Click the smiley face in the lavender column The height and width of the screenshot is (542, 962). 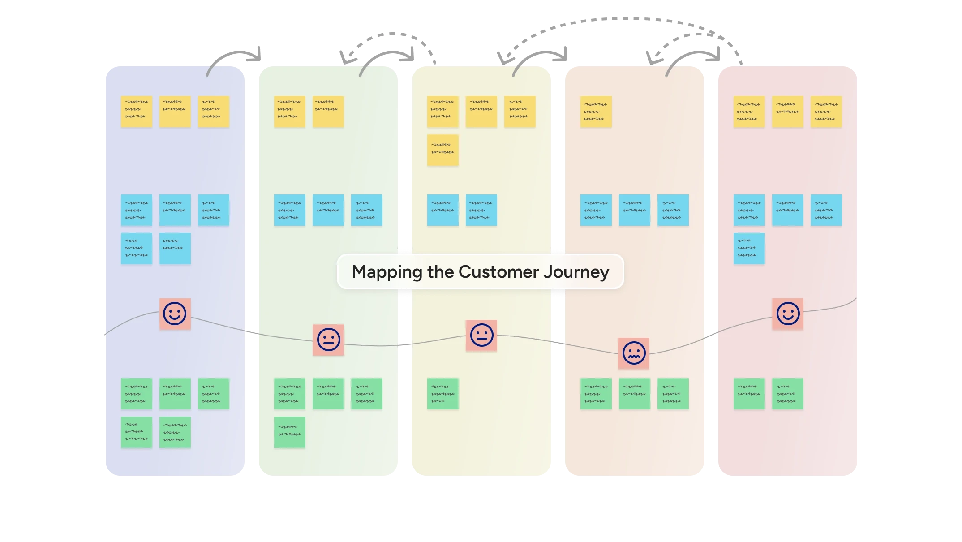tap(175, 314)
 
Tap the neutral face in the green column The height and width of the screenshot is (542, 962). tap(328, 340)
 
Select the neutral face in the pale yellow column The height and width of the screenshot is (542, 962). tap(481, 335)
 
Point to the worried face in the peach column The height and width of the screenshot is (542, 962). tap(634, 353)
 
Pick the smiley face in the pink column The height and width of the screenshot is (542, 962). tap(788, 314)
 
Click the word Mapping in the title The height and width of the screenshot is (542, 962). tap(387, 272)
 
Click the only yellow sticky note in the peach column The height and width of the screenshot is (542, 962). tap(596, 112)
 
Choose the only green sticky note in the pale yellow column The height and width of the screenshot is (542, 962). tap(442, 394)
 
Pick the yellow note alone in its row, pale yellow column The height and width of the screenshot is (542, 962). tap(442, 150)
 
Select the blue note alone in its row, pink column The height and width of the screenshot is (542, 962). tap(749, 248)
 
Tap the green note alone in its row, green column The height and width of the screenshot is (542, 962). tap(289, 432)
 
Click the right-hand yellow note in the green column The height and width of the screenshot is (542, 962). tap(328, 112)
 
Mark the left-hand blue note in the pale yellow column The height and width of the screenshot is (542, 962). tap(442, 210)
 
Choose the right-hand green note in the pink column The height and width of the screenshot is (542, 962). tap(787, 394)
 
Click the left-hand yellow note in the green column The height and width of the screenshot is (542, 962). tap(289, 112)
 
